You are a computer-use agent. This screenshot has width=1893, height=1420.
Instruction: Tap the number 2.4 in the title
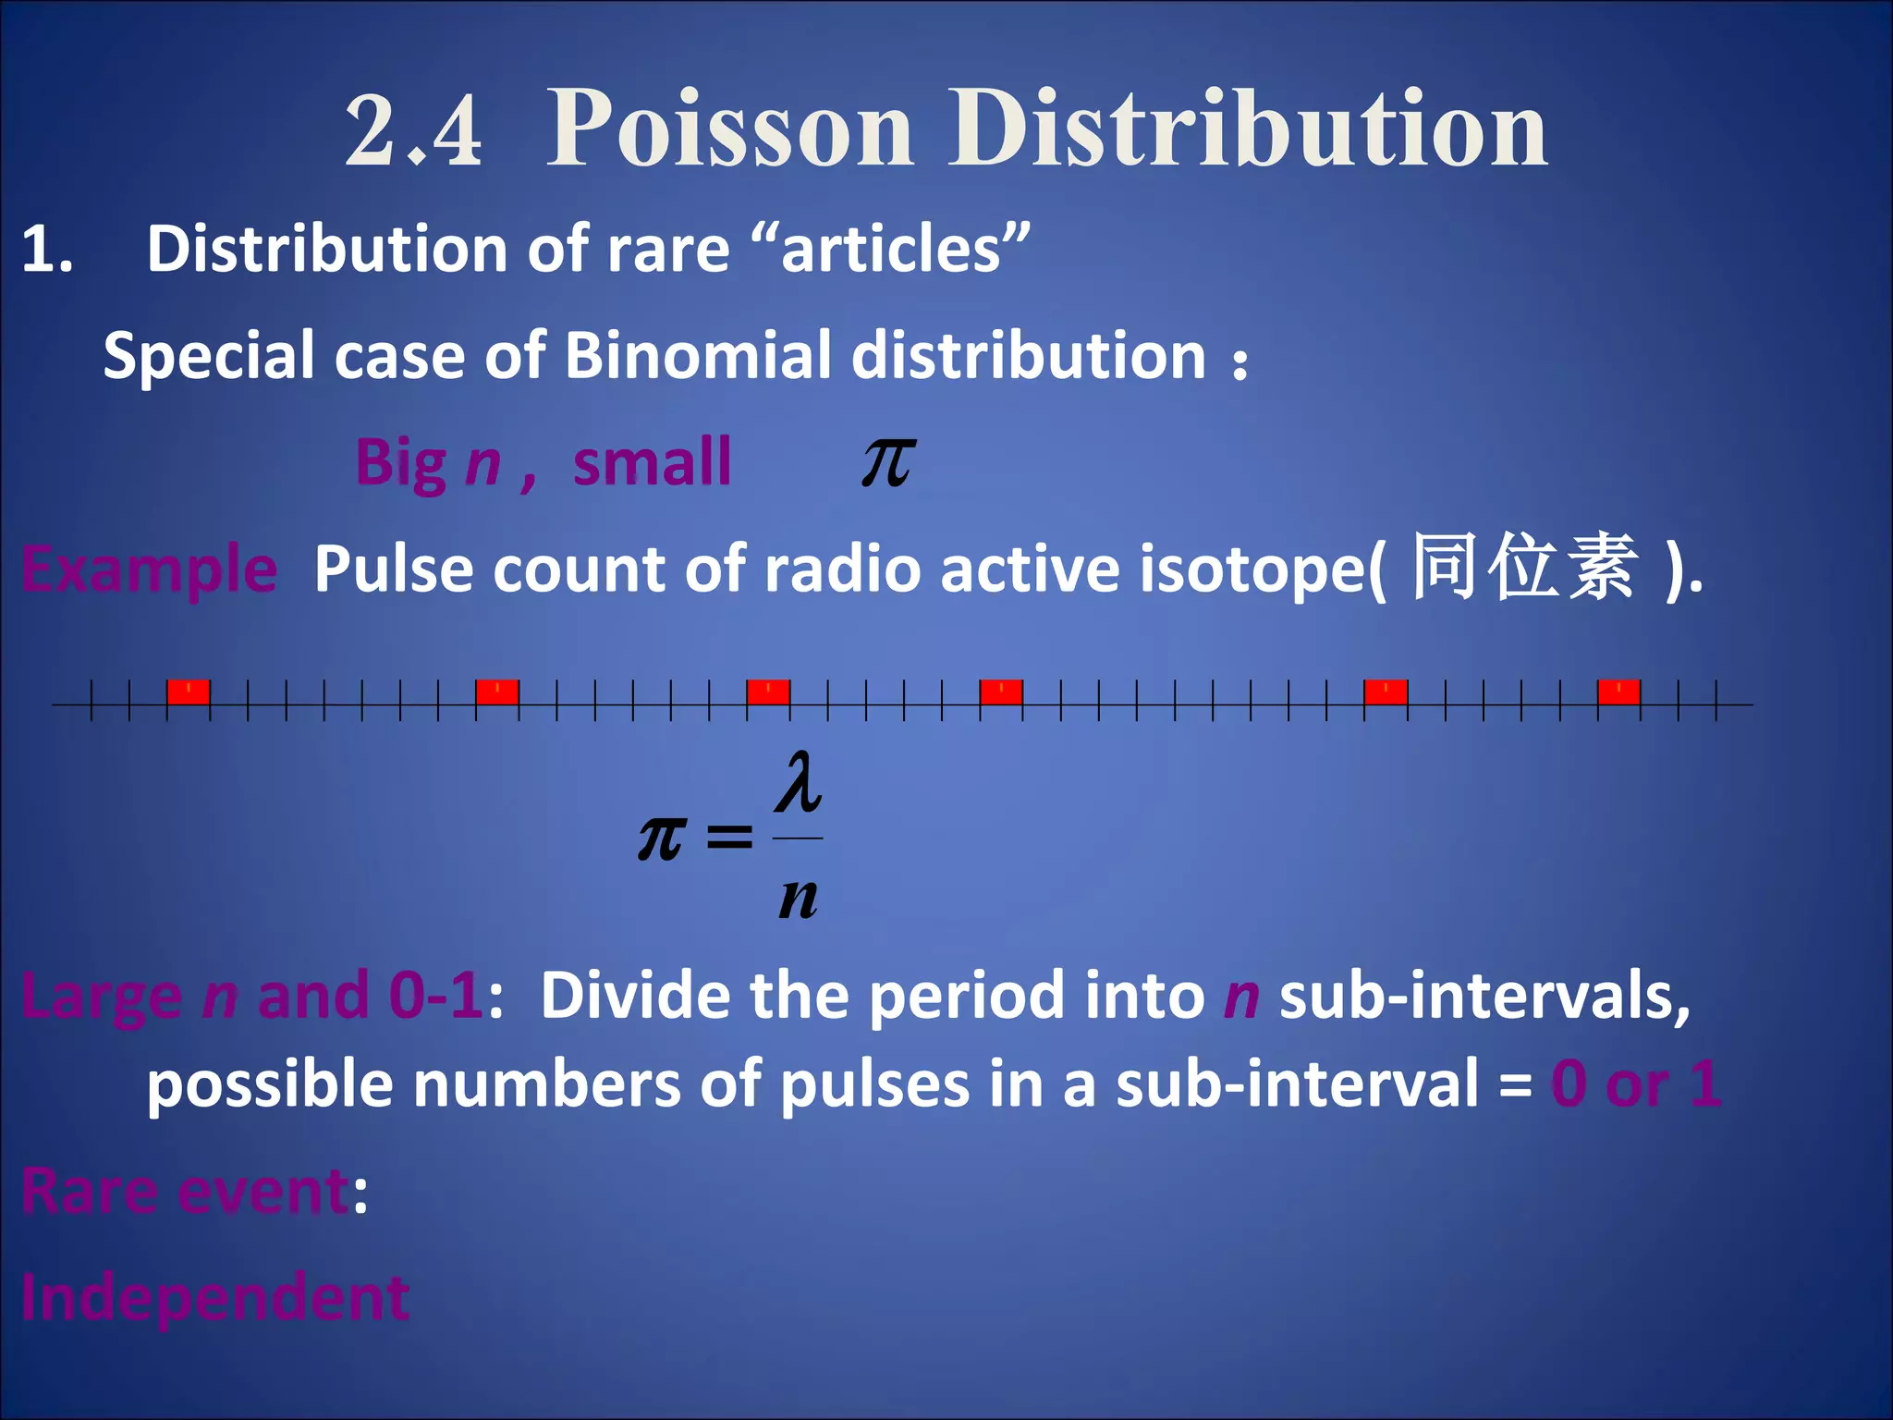point(413,131)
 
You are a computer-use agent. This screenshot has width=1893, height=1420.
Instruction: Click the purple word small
point(652,461)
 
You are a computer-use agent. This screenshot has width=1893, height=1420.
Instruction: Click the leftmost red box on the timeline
point(189,692)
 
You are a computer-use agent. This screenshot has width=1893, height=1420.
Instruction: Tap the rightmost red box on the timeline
point(1618,692)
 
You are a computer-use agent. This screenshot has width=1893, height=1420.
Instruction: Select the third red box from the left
point(768,692)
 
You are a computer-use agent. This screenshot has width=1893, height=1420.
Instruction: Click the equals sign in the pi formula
point(729,838)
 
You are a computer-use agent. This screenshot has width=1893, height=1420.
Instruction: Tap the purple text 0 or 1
point(1635,1083)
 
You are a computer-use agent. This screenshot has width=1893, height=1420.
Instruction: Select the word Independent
point(215,1297)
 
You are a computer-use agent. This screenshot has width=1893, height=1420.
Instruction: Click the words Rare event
point(186,1191)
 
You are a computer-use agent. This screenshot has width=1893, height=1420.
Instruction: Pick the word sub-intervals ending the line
point(1484,997)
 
